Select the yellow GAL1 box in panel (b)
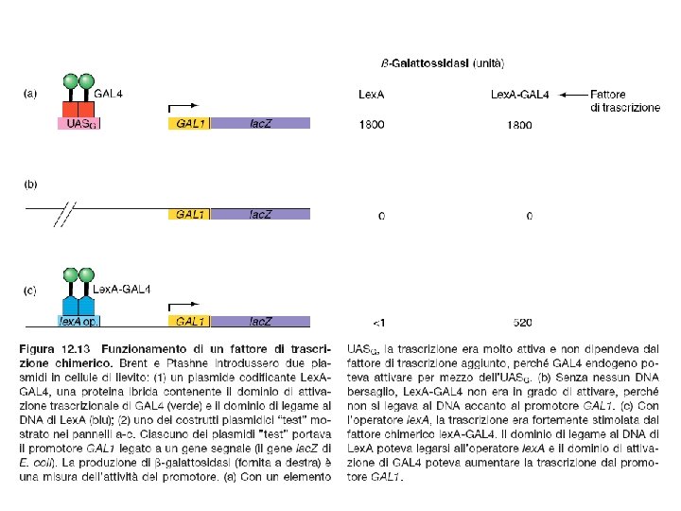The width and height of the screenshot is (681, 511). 190,214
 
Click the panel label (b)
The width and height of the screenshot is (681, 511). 31,185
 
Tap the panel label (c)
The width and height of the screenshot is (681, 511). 31,290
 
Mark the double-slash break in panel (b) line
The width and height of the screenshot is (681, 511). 65,214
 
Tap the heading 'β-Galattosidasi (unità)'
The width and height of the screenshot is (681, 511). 443,63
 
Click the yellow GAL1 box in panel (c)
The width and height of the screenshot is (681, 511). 190,322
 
